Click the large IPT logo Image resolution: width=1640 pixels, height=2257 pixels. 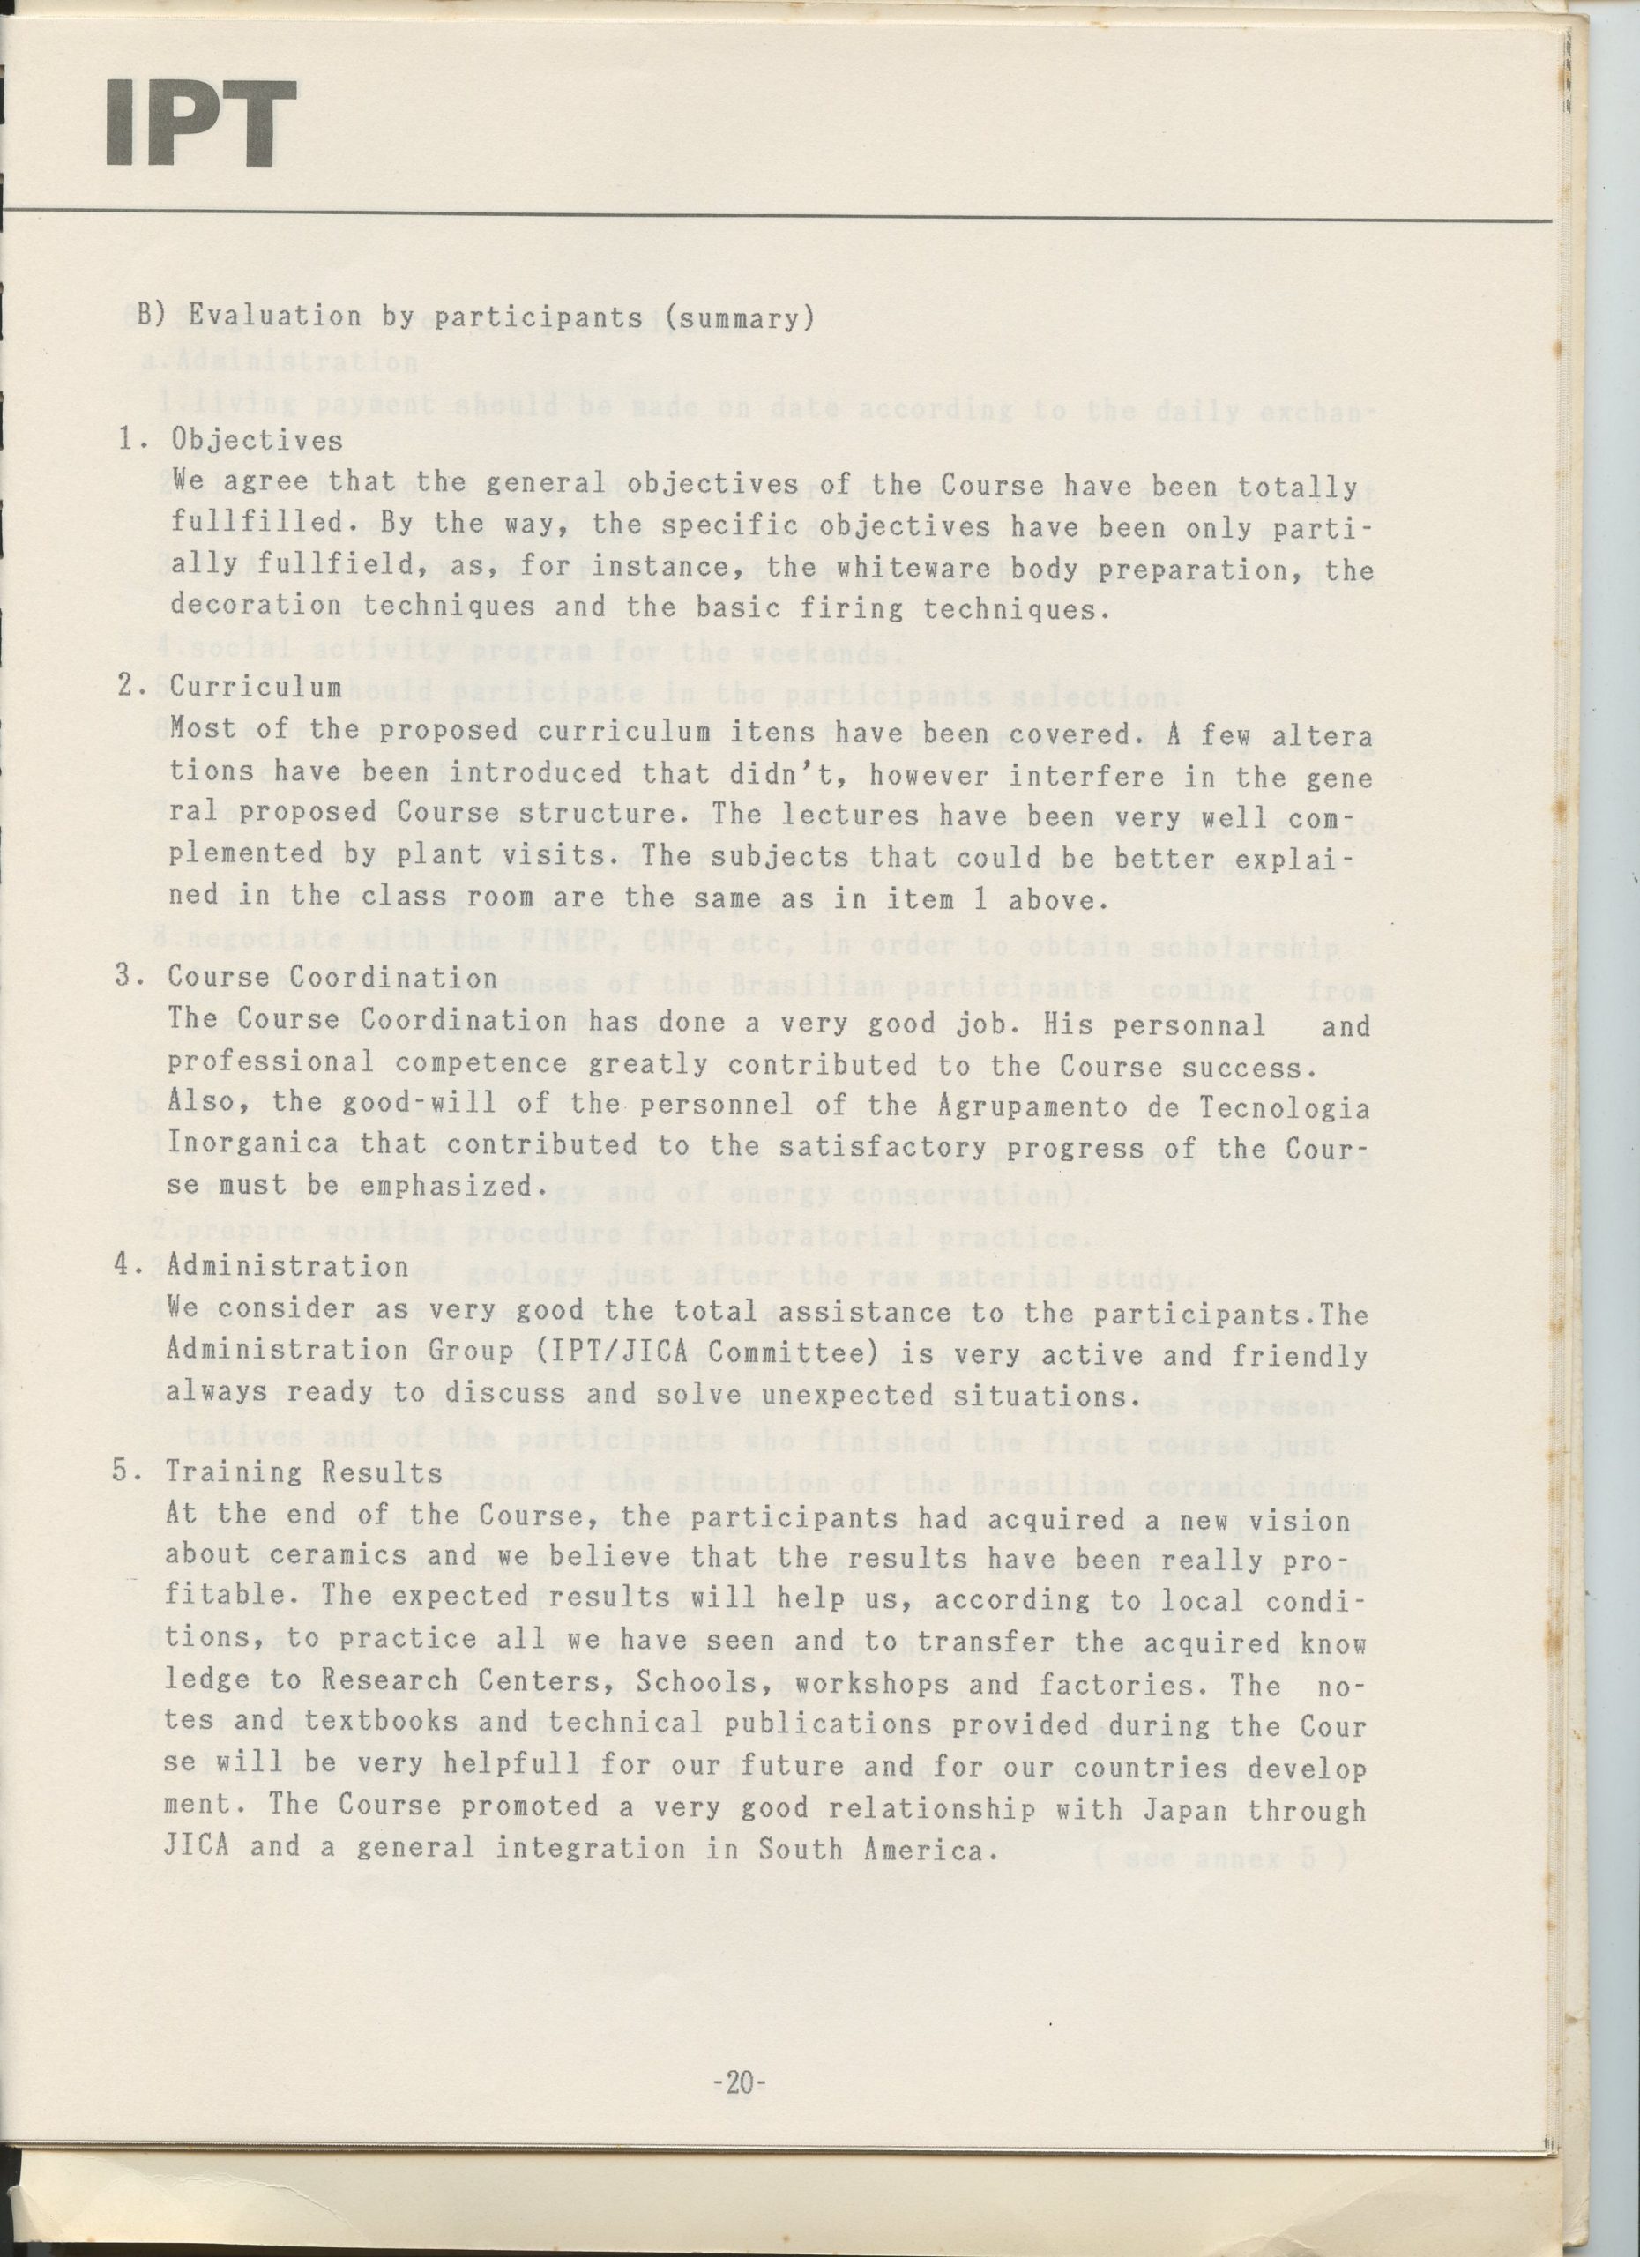coord(200,123)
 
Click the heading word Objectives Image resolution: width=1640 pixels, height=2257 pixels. coord(257,439)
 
